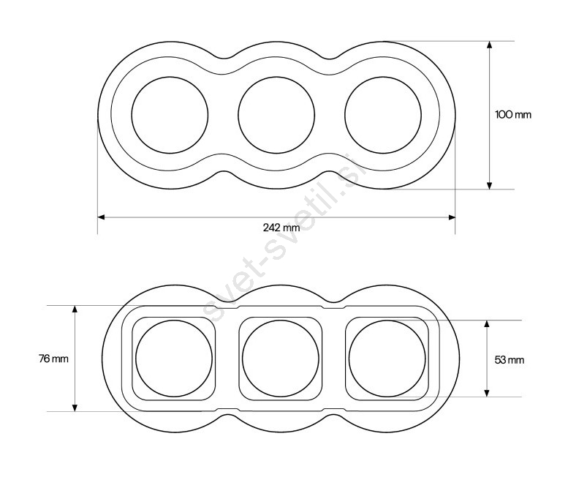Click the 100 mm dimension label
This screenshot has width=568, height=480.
tap(513, 115)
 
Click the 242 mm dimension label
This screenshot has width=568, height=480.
tap(281, 228)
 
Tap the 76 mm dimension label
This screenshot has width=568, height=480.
tap(53, 359)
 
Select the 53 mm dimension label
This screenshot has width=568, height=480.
tap(510, 360)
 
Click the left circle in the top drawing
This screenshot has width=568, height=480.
tap(132, 115)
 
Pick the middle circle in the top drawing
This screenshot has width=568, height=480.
tap(238, 115)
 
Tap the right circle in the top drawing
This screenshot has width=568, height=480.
tap(345, 115)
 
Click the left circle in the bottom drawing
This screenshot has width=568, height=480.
tap(136, 359)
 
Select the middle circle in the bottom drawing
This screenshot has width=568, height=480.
tap(243, 359)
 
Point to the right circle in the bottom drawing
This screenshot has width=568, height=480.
tap(349, 359)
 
